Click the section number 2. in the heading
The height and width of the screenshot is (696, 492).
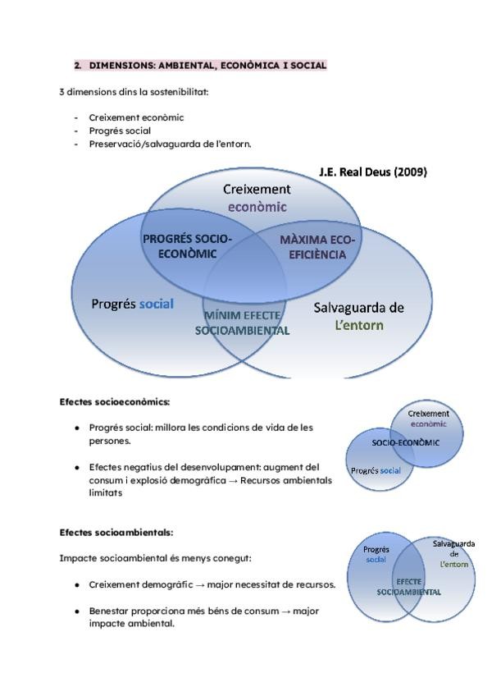point(79,65)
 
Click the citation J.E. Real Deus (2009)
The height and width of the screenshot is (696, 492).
point(372,172)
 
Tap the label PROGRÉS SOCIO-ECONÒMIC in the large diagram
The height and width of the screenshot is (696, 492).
point(187,246)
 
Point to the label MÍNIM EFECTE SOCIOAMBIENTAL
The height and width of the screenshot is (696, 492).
point(242,323)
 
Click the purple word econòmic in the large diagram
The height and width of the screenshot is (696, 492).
point(257,207)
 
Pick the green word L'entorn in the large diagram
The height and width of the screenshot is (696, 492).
point(359,325)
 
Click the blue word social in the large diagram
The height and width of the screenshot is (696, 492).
point(156,304)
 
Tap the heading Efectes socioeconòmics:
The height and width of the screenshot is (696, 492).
point(114,402)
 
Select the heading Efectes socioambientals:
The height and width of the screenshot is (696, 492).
point(116,532)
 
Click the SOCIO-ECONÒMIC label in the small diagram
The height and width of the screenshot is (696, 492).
point(405,442)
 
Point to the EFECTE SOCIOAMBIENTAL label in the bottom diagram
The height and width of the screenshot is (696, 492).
point(408,586)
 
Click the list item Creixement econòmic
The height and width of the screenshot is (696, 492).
point(136,117)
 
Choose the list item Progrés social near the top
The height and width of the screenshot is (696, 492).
point(120,130)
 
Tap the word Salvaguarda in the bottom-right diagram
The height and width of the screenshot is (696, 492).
point(453,543)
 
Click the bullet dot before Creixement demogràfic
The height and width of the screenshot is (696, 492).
point(77,585)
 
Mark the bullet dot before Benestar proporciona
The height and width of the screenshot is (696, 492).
point(77,611)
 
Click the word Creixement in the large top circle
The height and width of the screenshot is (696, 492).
point(257,189)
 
